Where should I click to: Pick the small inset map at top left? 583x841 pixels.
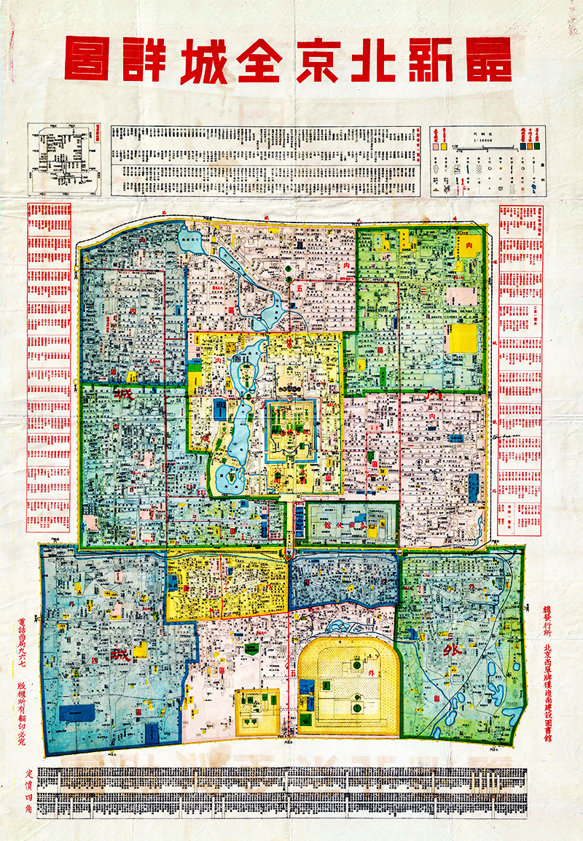pos(63,159)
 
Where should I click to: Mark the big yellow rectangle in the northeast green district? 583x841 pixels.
pos(462,338)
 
